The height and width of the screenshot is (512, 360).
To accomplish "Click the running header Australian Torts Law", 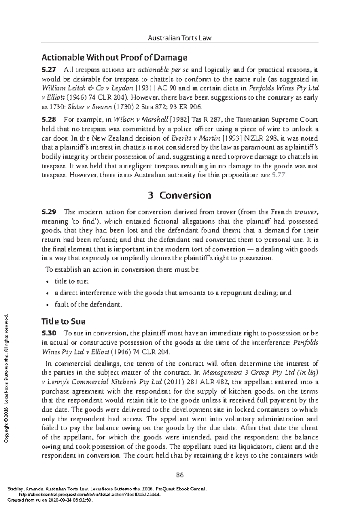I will [x=180, y=38].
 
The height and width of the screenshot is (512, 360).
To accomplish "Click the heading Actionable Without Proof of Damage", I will [x=114, y=57].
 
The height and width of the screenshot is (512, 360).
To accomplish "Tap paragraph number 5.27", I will [x=49, y=70].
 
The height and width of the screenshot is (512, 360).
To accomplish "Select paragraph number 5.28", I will [x=49, y=120].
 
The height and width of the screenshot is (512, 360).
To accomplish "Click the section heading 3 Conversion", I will [x=180, y=195].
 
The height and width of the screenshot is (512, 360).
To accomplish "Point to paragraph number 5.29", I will [x=49, y=212].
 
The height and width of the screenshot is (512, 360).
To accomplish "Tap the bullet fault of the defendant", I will [x=88, y=305].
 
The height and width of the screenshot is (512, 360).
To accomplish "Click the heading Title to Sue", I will [x=63, y=322].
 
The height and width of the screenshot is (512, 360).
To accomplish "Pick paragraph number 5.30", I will [x=49, y=333].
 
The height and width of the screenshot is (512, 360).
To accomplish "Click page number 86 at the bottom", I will [x=180, y=475].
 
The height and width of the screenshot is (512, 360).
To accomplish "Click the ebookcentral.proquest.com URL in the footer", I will [x=90, y=495].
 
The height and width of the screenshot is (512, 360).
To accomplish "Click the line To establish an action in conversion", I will [x=122, y=269].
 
